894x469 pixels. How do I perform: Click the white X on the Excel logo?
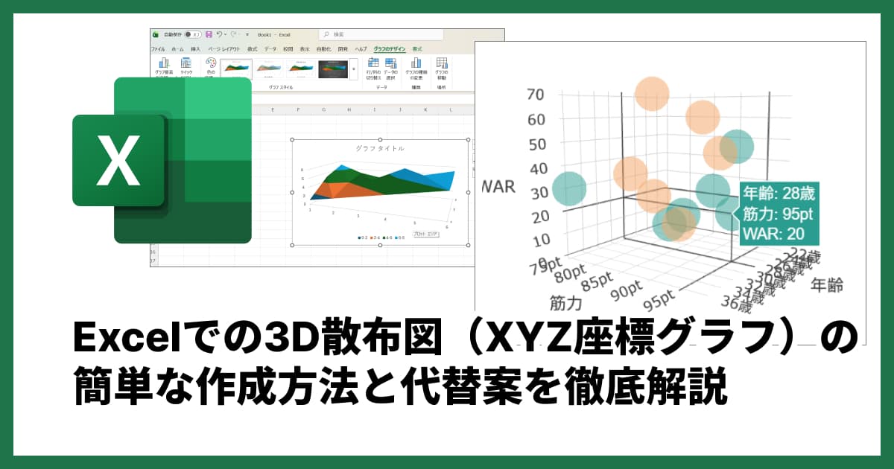point(118,161)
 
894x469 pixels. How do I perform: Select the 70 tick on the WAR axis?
point(536,95)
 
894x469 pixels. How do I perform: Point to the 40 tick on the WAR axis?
point(536,169)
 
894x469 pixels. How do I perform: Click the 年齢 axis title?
point(827,284)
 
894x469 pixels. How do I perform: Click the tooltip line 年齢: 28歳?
point(779,194)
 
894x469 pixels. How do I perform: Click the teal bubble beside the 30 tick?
point(570,190)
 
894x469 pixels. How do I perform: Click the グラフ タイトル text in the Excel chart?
point(380,148)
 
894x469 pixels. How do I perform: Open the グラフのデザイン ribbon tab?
point(390,48)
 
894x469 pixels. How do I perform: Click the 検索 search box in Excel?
point(380,34)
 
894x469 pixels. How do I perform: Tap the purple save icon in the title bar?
point(209,34)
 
